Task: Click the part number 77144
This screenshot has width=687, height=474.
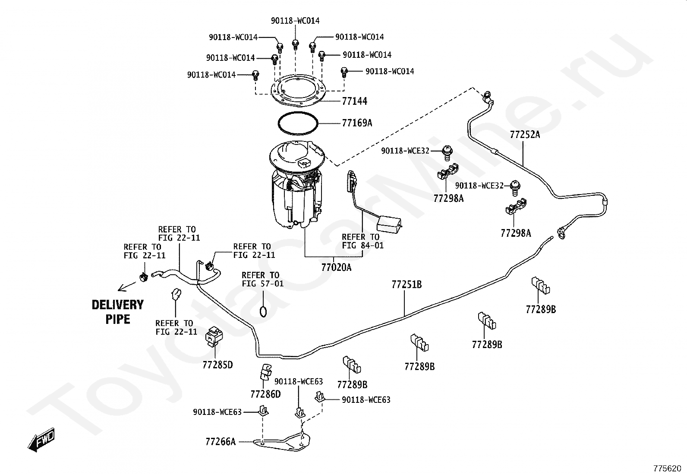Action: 354,101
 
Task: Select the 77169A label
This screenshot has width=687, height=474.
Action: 356,123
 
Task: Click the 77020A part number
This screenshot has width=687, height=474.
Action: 336,267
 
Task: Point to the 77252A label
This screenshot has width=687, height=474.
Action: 525,135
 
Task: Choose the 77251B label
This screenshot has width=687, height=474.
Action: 407,285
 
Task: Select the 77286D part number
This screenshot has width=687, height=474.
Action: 265,394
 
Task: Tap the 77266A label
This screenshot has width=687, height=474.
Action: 221,442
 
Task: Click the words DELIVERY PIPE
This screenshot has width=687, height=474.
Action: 117,312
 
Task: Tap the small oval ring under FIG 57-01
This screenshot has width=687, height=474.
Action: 263,311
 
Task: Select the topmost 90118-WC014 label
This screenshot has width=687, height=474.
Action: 295,21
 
